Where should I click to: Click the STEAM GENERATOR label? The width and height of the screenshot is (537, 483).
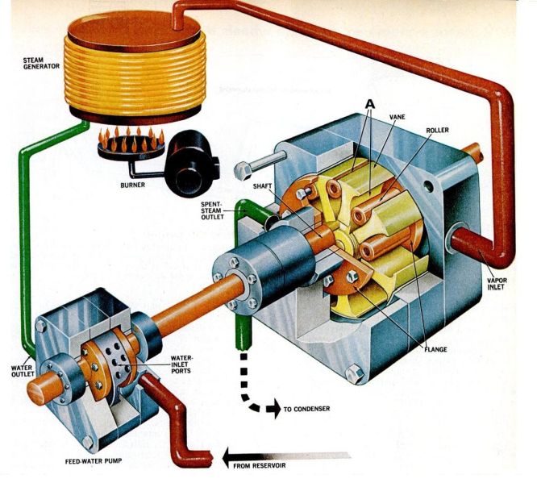[41, 63]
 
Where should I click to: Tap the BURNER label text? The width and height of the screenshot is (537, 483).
[132, 185]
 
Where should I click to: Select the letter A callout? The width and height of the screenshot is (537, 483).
[370, 103]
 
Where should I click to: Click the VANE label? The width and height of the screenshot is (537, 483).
[397, 117]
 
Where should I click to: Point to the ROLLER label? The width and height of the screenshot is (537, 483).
[437, 130]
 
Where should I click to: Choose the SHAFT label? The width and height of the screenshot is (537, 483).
[262, 186]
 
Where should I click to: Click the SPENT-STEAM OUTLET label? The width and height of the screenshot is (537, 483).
[212, 210]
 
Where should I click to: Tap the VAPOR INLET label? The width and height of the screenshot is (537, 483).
[497, 283]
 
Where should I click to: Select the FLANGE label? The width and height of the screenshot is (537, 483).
[435, 349]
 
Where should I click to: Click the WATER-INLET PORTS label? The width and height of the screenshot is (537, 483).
[182, 364]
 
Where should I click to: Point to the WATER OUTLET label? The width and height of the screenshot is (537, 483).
[23, 371]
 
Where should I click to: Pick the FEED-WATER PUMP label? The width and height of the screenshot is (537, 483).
[94, 461]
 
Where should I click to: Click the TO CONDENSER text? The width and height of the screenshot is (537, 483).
[306, 409]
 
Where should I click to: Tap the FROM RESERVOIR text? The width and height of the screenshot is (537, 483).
[260, 465]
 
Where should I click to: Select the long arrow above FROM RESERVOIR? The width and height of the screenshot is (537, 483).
[287, 456]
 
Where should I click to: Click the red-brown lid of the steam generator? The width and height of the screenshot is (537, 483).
[134, 31]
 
